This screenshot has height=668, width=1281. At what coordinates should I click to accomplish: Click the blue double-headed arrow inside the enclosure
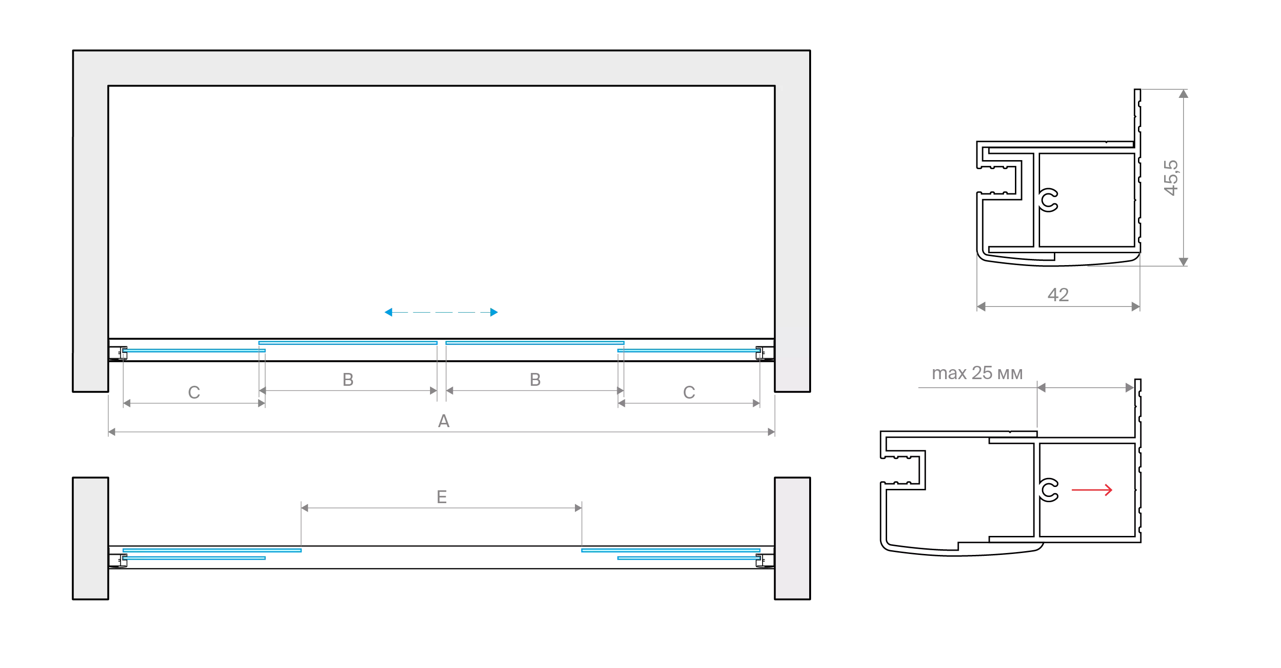tap(440, 313)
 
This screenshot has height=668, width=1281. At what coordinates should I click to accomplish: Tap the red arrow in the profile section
tap(1091, 490)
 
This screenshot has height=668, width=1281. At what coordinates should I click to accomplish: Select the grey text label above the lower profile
tap(976, 373)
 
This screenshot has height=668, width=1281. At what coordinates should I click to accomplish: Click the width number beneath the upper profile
tap(1058, 295)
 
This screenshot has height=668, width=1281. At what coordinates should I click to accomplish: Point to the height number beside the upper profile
tap(1171, 178)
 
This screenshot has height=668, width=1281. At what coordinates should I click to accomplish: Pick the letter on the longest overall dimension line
tap(444, 423)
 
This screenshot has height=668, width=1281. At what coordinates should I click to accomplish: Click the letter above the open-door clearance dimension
tap(442, 498)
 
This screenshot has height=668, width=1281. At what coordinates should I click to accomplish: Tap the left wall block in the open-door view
tap(89, 538)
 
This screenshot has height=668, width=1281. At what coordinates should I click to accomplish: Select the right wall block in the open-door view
tap(792, 538)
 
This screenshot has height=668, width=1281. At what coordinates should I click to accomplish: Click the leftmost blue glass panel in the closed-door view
tap(194, 351)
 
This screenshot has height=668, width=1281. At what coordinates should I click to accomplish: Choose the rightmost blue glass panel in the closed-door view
tap(689, 351)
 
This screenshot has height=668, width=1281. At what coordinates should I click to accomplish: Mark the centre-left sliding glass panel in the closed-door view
tap(348, 343)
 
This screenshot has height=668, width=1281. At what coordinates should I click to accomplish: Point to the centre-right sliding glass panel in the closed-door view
tap(535, 343)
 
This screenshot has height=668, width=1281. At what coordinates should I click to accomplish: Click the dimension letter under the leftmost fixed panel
tap(194, 392)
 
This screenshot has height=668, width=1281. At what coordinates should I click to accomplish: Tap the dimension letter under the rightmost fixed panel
tap(688, 392)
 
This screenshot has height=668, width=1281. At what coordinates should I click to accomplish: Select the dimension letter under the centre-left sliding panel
tap(348, 381)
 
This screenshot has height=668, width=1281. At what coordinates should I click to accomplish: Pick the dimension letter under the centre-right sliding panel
tap(535, 381)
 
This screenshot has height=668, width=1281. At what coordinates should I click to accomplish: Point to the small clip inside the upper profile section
tap(1050, 200)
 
